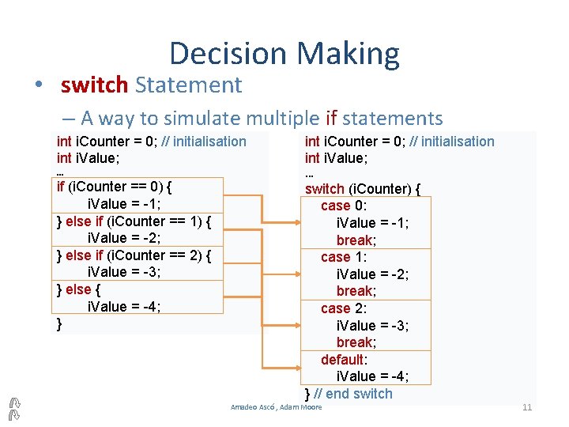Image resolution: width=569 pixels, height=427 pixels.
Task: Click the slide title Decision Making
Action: click(284, 54)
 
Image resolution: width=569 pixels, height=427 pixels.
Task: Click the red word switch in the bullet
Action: click(95, 85)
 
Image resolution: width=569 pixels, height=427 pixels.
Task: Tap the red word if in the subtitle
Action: click(331, 119)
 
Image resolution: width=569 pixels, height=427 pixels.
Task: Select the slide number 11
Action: click(527, 407)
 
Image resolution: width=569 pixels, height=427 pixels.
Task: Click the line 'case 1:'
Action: click(343, 257)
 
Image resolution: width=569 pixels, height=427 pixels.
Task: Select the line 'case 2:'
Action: click(343, 308)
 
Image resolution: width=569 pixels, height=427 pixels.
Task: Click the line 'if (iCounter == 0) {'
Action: click(115, 187)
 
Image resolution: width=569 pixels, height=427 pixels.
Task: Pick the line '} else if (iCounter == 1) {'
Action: click(134, 221)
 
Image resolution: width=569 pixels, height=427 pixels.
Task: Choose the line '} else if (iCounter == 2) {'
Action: click(134, 255)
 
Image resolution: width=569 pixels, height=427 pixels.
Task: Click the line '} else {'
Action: click(77, 289)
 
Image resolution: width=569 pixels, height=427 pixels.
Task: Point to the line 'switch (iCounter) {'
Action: click(363, 189)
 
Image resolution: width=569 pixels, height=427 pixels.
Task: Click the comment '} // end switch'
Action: click(349, 394)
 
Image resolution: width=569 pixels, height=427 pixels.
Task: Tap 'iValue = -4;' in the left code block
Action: click(123, 307)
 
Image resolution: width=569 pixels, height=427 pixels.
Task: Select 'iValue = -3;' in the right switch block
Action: click(372, 326)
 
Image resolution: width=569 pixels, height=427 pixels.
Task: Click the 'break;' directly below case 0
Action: click(356, 240)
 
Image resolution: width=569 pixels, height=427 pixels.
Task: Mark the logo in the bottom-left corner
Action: click(13, 407)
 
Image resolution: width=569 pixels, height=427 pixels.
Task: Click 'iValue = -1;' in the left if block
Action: click(123, 204)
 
